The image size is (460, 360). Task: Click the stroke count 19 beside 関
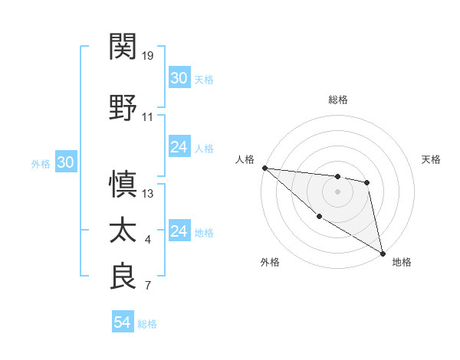148,56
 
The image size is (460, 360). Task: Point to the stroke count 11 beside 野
148,117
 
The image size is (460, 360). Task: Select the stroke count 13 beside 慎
148,193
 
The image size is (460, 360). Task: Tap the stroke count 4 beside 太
148,241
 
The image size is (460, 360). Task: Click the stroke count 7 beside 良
148,286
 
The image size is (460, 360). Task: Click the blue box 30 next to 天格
179,78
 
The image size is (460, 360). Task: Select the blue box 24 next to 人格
179,147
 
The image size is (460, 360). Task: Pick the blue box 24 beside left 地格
179,231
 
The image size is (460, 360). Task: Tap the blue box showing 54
123,322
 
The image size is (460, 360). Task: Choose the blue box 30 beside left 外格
65,162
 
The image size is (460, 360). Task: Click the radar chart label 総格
337,100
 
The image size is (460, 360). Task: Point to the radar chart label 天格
432,159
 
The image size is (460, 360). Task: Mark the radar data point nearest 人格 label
264,168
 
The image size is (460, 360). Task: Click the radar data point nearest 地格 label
383,253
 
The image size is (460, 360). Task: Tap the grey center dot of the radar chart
337,191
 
